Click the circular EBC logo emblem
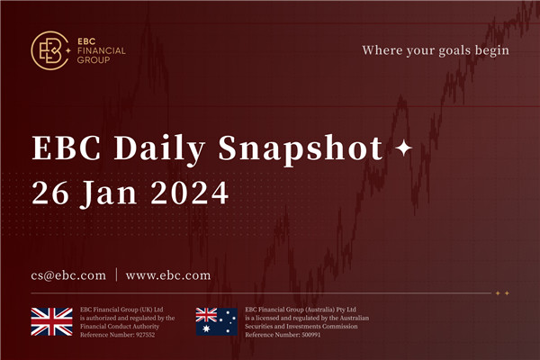coord(48,50)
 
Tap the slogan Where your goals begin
coord(436,50)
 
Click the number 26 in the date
coord(49,191)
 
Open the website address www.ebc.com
coord(168,274)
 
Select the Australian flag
coord(217,321)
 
